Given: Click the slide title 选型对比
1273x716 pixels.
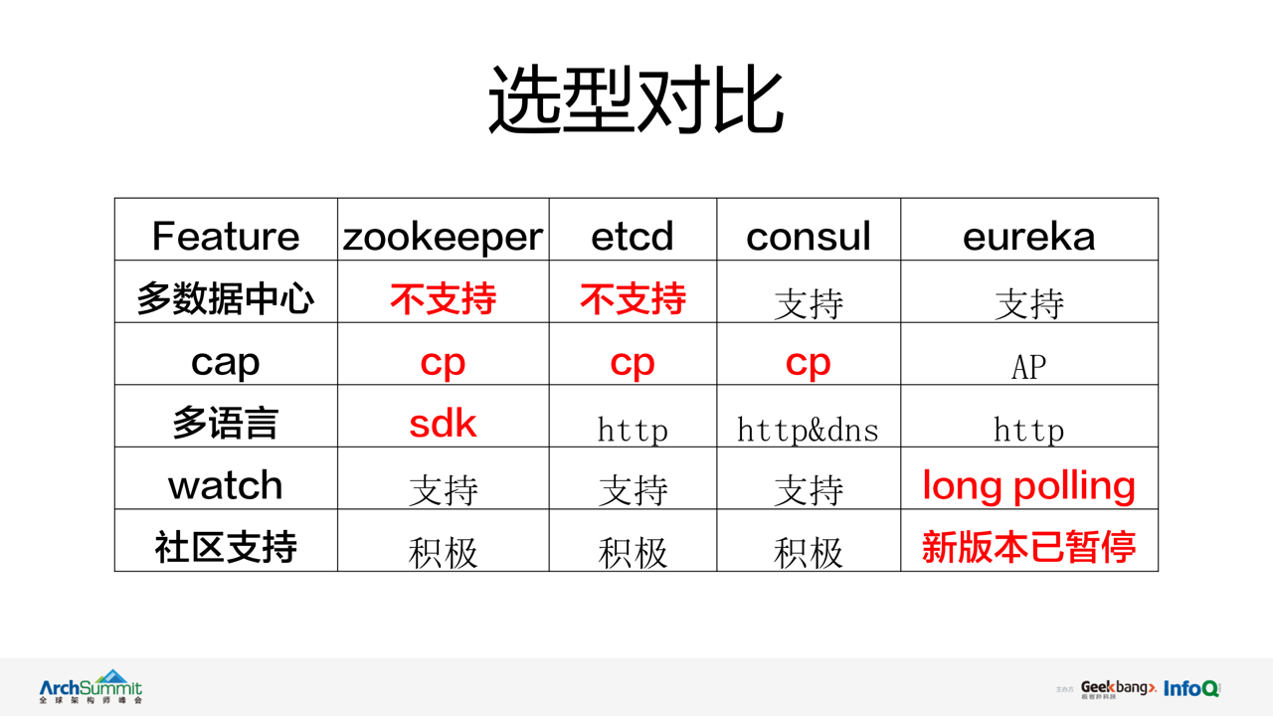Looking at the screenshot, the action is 636,99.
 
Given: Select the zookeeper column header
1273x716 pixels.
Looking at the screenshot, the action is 443,237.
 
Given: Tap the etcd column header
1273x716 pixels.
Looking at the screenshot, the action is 632,236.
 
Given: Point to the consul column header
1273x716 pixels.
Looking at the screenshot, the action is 809,236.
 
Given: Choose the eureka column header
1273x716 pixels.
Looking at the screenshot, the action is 1028,236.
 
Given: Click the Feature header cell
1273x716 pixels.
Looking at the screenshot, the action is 226,236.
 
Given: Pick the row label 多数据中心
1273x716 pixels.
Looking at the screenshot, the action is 226,298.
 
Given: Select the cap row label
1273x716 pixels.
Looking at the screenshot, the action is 226,363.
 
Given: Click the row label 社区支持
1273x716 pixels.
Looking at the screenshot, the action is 226,547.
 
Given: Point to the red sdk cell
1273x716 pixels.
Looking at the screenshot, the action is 443,423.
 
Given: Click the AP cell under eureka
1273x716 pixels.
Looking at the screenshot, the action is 1028,367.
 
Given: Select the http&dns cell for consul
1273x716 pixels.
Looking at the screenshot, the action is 808,429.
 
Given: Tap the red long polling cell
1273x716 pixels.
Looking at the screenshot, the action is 1028,486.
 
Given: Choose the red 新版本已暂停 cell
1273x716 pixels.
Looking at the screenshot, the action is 1028,547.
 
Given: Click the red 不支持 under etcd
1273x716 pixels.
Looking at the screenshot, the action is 633,298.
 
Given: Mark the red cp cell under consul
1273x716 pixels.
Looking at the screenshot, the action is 809,363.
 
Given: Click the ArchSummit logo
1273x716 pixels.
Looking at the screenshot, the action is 91,686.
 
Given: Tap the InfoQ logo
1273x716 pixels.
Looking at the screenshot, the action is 1191,689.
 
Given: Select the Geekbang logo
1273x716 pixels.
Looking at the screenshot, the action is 1118,689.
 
